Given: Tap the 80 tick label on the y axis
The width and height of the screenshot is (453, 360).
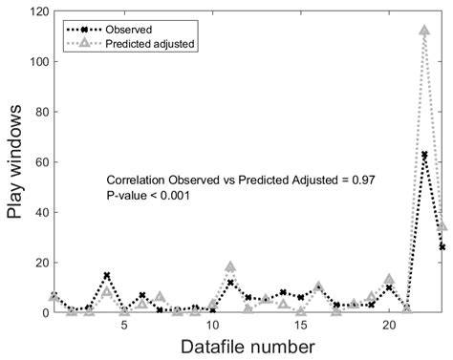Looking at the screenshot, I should tap(34, 112).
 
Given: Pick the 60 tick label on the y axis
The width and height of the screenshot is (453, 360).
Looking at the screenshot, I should tap(34, 161).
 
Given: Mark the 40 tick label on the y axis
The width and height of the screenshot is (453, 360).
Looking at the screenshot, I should tap(34, 212).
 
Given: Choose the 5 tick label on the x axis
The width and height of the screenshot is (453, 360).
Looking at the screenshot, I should tap(124, 325).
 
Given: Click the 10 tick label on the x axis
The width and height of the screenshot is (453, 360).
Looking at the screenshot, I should tap(212, 325).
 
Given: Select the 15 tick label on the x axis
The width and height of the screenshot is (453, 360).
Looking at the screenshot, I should tap(301, 325).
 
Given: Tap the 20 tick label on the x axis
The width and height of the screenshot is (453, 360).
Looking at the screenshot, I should tap(389, 325).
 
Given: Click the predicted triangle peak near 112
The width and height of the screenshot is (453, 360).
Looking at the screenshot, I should tap(424, 31).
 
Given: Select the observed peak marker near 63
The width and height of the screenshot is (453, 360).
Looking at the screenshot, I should tap(424, 154).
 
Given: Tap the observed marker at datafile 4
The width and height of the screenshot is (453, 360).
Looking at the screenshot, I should tap(106, 275).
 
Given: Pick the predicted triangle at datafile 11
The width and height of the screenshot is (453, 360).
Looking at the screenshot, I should tap(230, 267).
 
